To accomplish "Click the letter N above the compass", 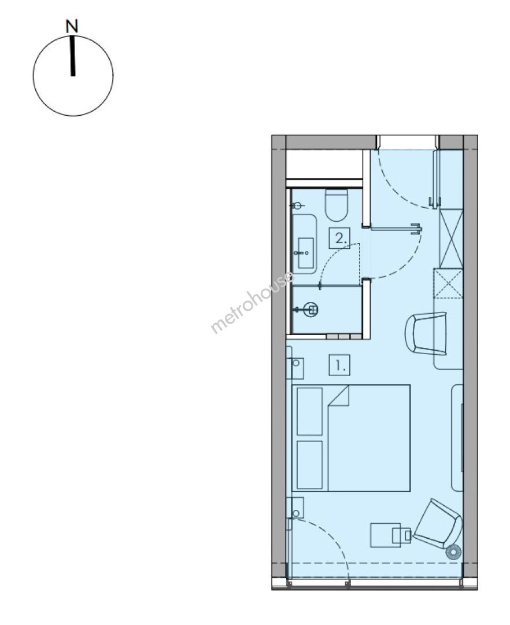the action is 72,27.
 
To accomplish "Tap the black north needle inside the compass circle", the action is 72,56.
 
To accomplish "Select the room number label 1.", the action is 339,365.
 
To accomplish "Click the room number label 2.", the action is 339,238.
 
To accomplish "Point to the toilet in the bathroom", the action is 337,205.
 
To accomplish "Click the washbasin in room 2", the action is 304,253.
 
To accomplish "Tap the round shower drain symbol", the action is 311,309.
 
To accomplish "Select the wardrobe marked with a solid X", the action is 450,238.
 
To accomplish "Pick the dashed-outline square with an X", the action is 448,284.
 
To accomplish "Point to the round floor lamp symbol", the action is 453,552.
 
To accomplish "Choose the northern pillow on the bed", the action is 309,411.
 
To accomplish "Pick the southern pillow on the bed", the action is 309,464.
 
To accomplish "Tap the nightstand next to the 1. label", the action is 295,368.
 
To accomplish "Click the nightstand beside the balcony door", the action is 295,508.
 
